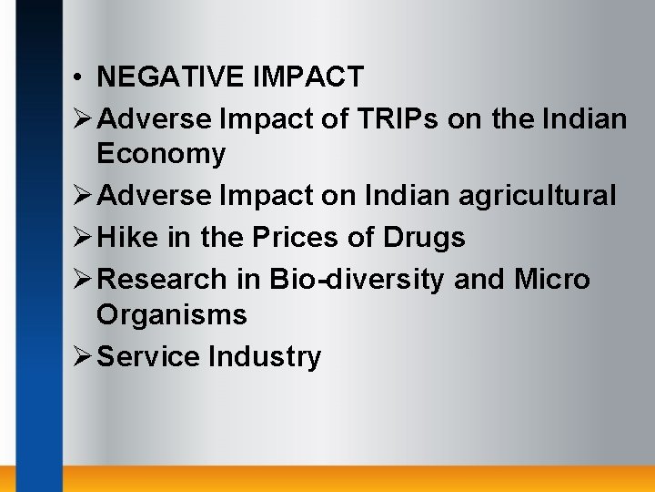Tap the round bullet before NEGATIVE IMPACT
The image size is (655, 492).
(81, 77)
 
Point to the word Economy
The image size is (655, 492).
(161, 155)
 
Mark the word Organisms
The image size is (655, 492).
(172, 315)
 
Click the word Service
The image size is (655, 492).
(148, 356)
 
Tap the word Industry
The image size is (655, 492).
(265, 356)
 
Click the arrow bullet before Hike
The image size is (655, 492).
(83, 238)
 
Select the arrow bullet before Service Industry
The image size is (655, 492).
(83, 356)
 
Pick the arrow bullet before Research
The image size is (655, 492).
(83, 279)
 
